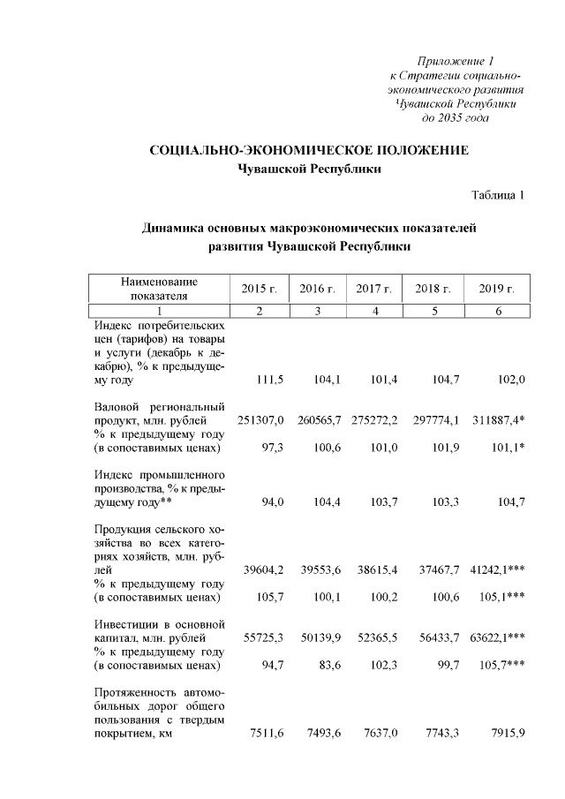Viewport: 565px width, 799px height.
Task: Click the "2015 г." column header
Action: [260, 289]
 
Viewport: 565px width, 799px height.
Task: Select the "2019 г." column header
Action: [496, 289]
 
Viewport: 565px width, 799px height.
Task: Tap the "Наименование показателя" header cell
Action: [159, 289]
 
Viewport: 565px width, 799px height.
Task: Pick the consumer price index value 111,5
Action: [268, 380]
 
